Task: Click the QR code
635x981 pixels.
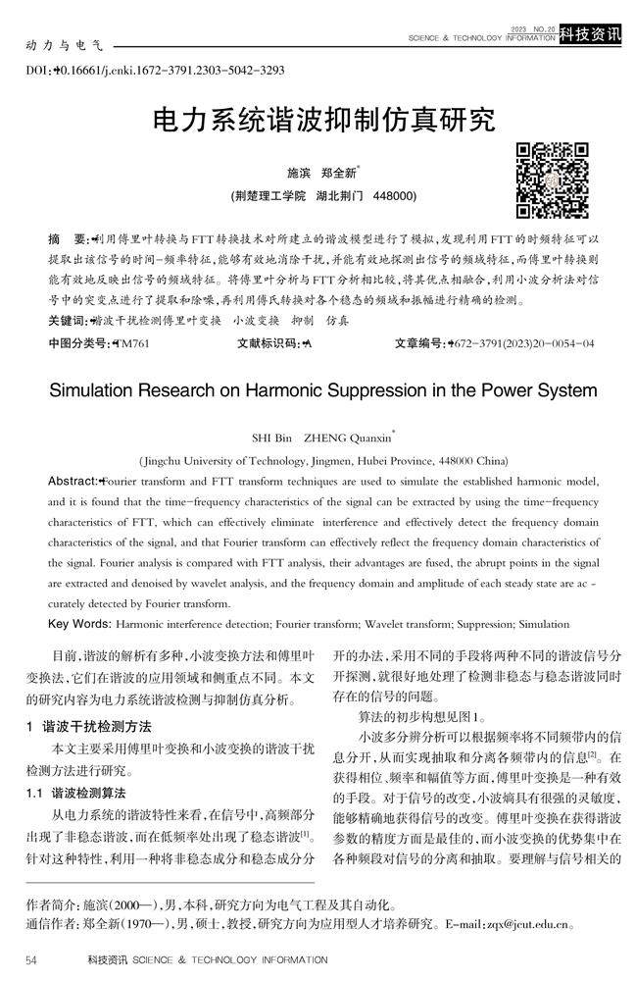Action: (x=553, y=180)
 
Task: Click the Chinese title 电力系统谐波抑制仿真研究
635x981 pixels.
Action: (x=323, y=122)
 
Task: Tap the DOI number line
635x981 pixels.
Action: (x=154, y=70)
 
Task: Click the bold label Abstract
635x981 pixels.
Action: (x=73, y=481)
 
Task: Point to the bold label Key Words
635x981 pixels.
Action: (x=79, y=624)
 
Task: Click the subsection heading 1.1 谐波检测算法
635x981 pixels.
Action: (x=82, y=791)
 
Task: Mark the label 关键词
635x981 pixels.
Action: (x=67, y=321)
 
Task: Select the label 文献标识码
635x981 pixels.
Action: (x=269, y=344)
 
